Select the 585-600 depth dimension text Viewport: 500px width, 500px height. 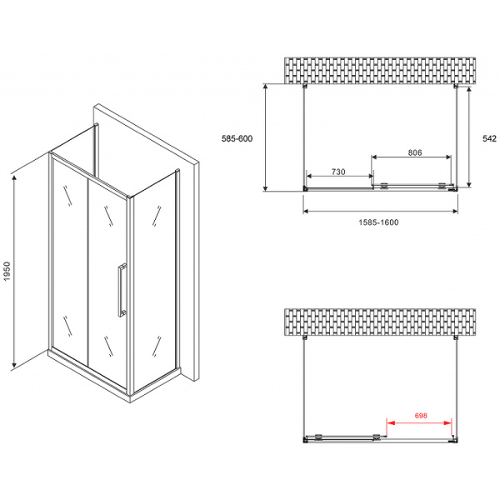[x=235, y=139]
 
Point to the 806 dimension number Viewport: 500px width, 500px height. [x=415, y=152]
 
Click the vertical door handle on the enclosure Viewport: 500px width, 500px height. [x=122, y=289]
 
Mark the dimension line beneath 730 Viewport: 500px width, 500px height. [x=339, y=176]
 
